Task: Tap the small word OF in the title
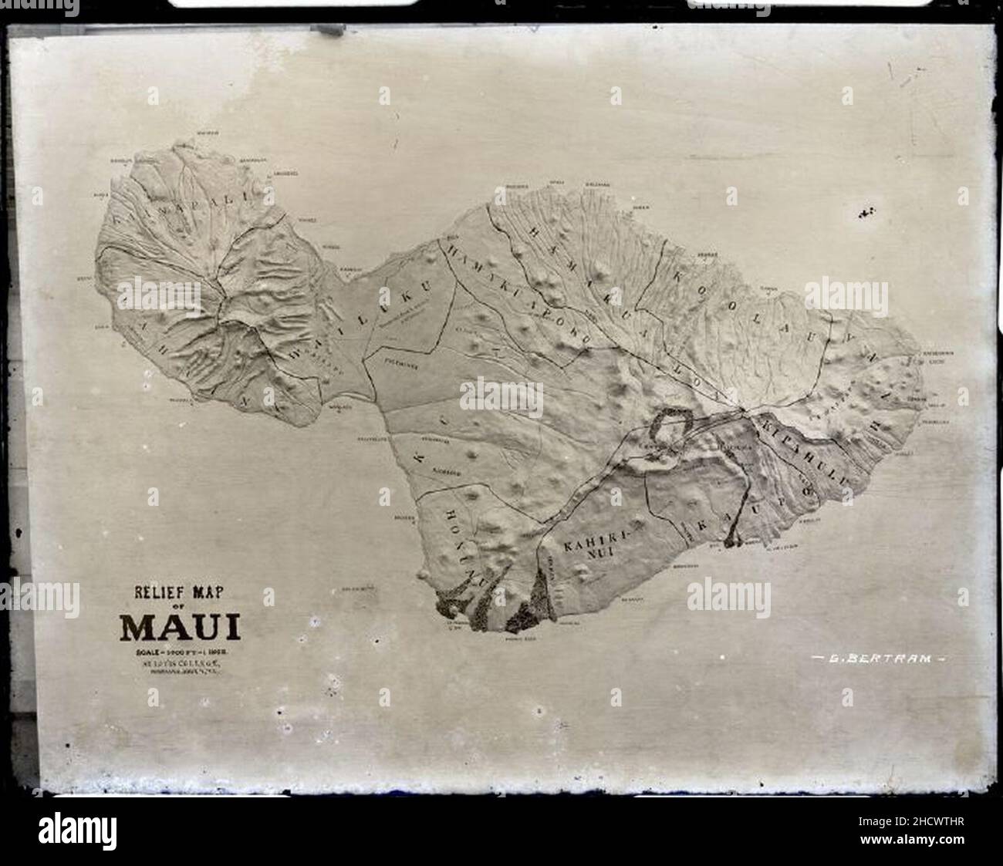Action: pyautogui.click(x=179, y=609)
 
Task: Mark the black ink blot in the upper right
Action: pyautogui.click(x=866, y=211)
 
